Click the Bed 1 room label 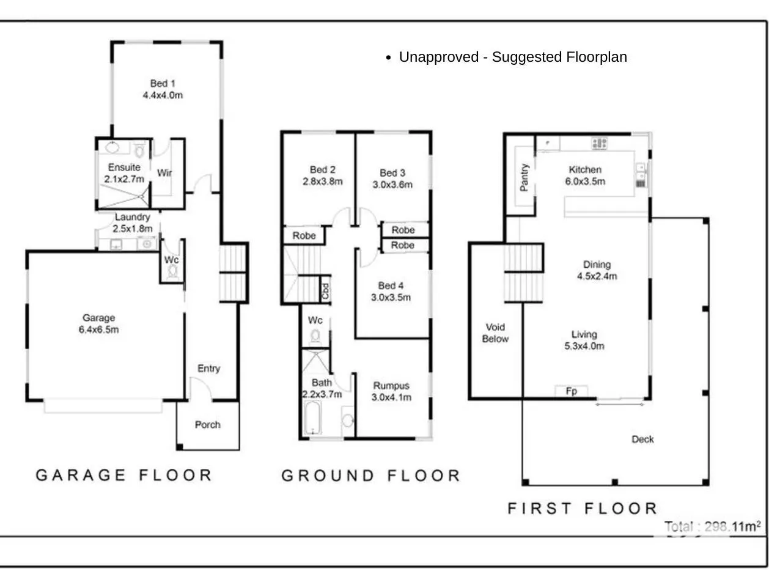click(163, 89)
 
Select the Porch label click(207, 425)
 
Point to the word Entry click(209, 369)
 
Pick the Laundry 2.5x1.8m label click(133, 223)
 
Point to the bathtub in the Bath click(312, 418)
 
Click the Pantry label click(524, 177)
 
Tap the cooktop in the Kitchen click(599, 143)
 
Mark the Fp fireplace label click(571, 391)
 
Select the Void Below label click(495, 333)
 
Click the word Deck click(642, 439)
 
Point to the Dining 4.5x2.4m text click(597, 270)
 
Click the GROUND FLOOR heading click(370, 476)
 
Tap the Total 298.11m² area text click(712, 527)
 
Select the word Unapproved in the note click(439, 57)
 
